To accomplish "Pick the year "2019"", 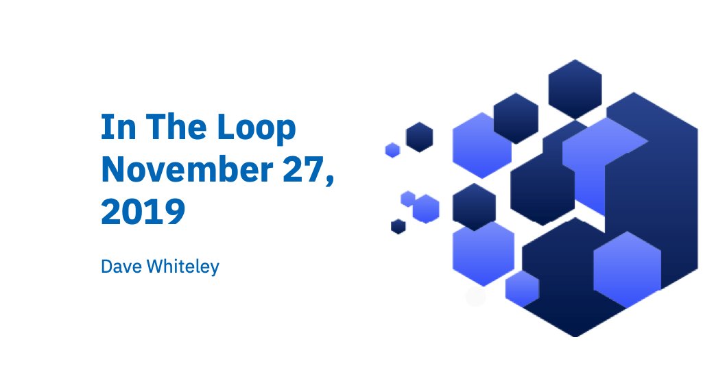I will coord(143,212).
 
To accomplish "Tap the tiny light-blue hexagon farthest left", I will coord(392,150).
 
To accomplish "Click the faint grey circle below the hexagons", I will coord(475,297).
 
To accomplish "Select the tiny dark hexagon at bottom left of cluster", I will coord(398,226).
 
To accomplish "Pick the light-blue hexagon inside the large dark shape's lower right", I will coord(626,269).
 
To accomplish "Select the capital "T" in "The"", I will coord(150,129).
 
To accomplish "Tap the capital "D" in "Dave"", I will coord(107,267).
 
